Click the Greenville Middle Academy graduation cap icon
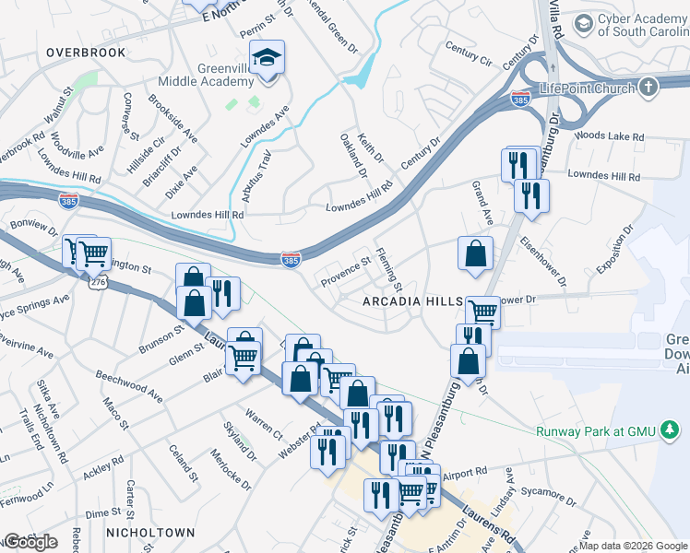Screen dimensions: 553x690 267,59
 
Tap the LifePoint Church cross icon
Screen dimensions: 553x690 648,88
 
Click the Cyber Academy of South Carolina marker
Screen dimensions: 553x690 583,22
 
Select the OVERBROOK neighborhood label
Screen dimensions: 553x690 85,53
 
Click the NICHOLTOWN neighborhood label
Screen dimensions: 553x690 149,533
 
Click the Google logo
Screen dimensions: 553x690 30,542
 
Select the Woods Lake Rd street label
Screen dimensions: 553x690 609,136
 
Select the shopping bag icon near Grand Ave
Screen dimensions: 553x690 475,253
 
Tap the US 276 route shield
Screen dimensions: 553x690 99,285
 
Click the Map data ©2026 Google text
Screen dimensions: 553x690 633,546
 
